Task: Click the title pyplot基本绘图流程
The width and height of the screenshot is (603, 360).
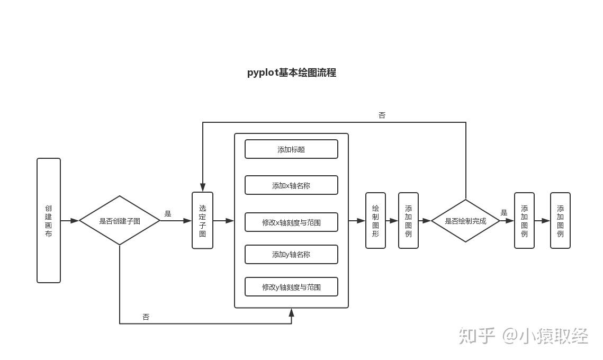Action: pos(291,73)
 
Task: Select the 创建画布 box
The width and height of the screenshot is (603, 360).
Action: pos(49,220)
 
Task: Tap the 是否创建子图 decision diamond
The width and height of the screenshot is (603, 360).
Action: pos(120,221)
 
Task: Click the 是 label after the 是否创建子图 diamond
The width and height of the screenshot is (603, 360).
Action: pos(168,214)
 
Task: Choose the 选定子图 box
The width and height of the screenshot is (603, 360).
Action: pos(202,220)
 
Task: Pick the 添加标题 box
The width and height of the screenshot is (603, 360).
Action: pos(291,149)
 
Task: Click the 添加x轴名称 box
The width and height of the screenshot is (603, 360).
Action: pos(291,185)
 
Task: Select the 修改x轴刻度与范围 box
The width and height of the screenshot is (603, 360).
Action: pos(291,222)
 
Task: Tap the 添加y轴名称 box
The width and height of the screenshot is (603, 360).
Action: pos(291,255)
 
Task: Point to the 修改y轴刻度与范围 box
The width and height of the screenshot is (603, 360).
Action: pos(291,287)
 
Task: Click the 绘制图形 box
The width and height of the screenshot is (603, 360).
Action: pos(375,220)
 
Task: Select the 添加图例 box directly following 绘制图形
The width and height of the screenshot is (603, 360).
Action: pos(408,220)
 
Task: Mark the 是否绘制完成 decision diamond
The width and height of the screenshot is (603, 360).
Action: pos(465,221)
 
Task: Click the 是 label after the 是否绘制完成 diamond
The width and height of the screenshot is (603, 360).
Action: pos(504,213)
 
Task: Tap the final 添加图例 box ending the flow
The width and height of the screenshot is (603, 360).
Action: pos(560,220)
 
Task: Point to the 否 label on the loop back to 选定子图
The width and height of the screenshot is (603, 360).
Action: pos(382,115)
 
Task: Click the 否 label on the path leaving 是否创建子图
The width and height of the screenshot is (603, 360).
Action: pos(146,317)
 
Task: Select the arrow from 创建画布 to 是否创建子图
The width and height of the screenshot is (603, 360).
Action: pos(70,221)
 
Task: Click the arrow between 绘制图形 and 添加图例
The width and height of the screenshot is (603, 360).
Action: pos(392,221)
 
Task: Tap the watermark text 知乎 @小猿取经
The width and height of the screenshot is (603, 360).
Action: pos(523,336)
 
